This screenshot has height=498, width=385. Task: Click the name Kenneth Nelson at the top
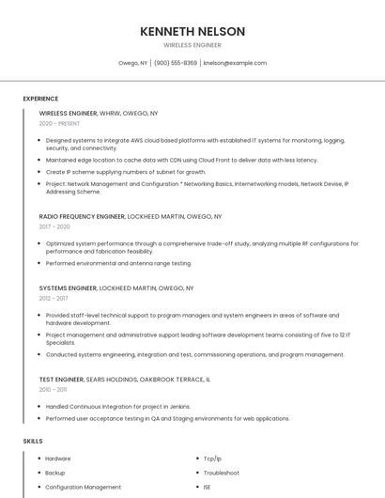pos(192,31)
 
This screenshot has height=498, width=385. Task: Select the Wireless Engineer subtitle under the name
pos(192,44)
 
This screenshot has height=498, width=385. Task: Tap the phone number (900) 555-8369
pos(176,63)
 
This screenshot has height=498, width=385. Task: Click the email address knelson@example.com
pos(235,63)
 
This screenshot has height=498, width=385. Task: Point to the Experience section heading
pos(40,99)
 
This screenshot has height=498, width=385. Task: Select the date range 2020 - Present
pos(60,123)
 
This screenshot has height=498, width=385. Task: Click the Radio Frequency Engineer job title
pos(83,216)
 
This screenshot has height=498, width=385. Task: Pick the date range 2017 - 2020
pos(54,226)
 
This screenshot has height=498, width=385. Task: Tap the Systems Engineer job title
pos(68,288)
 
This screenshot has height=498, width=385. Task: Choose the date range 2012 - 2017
pos(54,298)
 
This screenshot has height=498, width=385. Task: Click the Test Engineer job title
pos(62,379)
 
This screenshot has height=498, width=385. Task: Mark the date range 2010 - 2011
pos(53,389)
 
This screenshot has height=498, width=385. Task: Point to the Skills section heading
pos(33,440)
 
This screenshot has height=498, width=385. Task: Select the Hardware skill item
pos(58,459)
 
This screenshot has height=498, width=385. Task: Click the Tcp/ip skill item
pos(213,459)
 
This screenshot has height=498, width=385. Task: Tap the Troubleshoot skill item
pos(222,473)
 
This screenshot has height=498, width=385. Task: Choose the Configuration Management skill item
pos(84,487)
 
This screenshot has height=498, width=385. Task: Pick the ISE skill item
pos(208,487)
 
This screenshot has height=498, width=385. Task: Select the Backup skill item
pos(55,473)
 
